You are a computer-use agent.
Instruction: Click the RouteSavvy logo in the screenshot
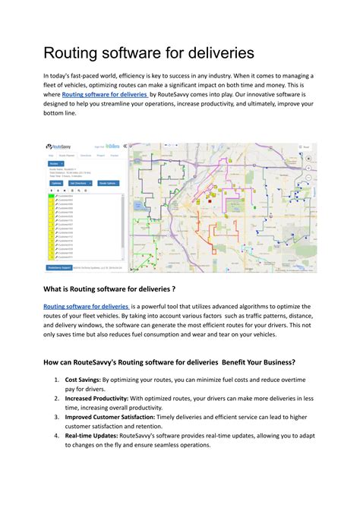[x=58, y=147]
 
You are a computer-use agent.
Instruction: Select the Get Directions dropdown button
[x=80, y=183]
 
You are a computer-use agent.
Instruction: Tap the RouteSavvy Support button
[x=57, y=267]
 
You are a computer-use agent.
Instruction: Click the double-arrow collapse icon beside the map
[x=125, y=146]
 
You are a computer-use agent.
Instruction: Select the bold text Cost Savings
[x=82, y=379]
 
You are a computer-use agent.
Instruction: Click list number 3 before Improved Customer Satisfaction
[x=57, y=417]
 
